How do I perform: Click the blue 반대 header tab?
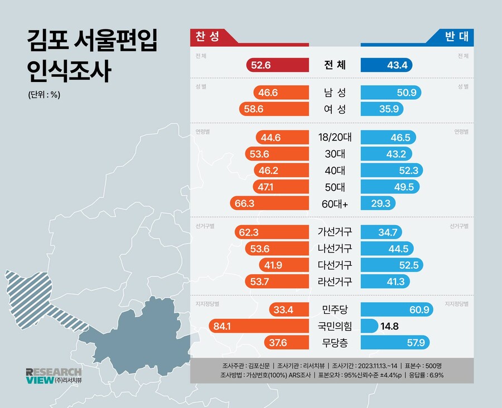[454, 37]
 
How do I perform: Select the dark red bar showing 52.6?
[277, 65]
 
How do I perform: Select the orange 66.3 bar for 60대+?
[269, 203]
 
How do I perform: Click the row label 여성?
[335, 109]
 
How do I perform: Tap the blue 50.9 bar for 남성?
[391, 93]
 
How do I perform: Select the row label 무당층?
[335, 342]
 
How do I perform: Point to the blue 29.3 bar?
[379, 203]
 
